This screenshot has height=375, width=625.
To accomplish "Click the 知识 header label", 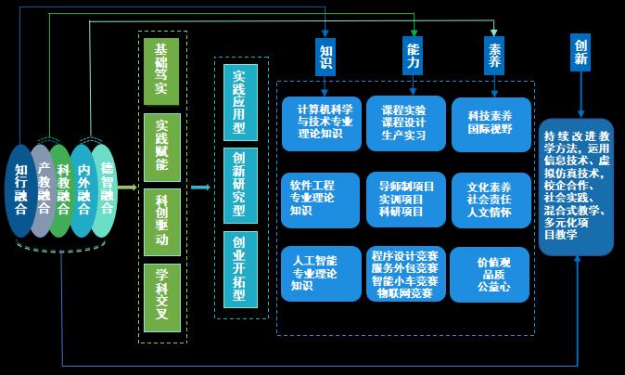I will click(x=325, y=57).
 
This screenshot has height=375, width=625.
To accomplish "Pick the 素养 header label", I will click(x=494, y=56).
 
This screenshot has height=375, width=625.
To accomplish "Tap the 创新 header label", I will click(x=581, y=53).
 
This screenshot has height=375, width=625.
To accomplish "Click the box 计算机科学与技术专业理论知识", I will click(x=319, y=120).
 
